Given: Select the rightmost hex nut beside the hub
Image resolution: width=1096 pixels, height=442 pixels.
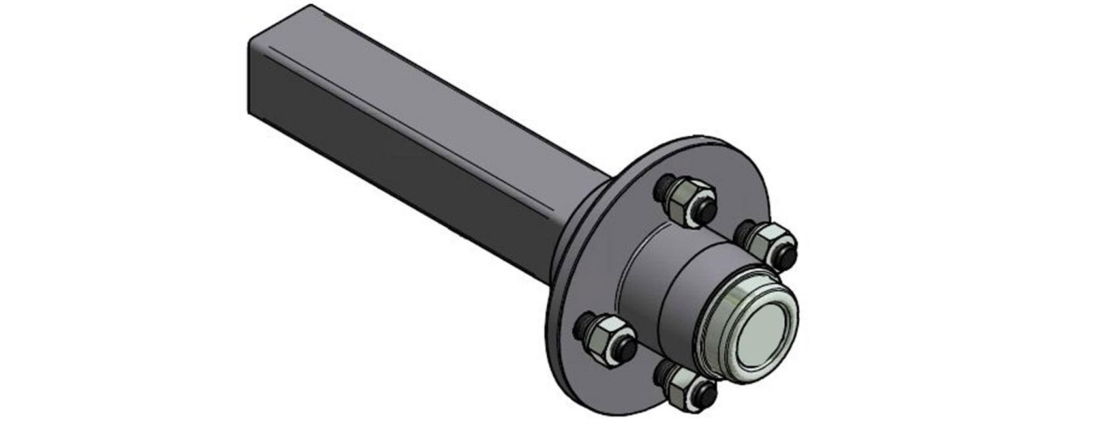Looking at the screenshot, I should (768, 239).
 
